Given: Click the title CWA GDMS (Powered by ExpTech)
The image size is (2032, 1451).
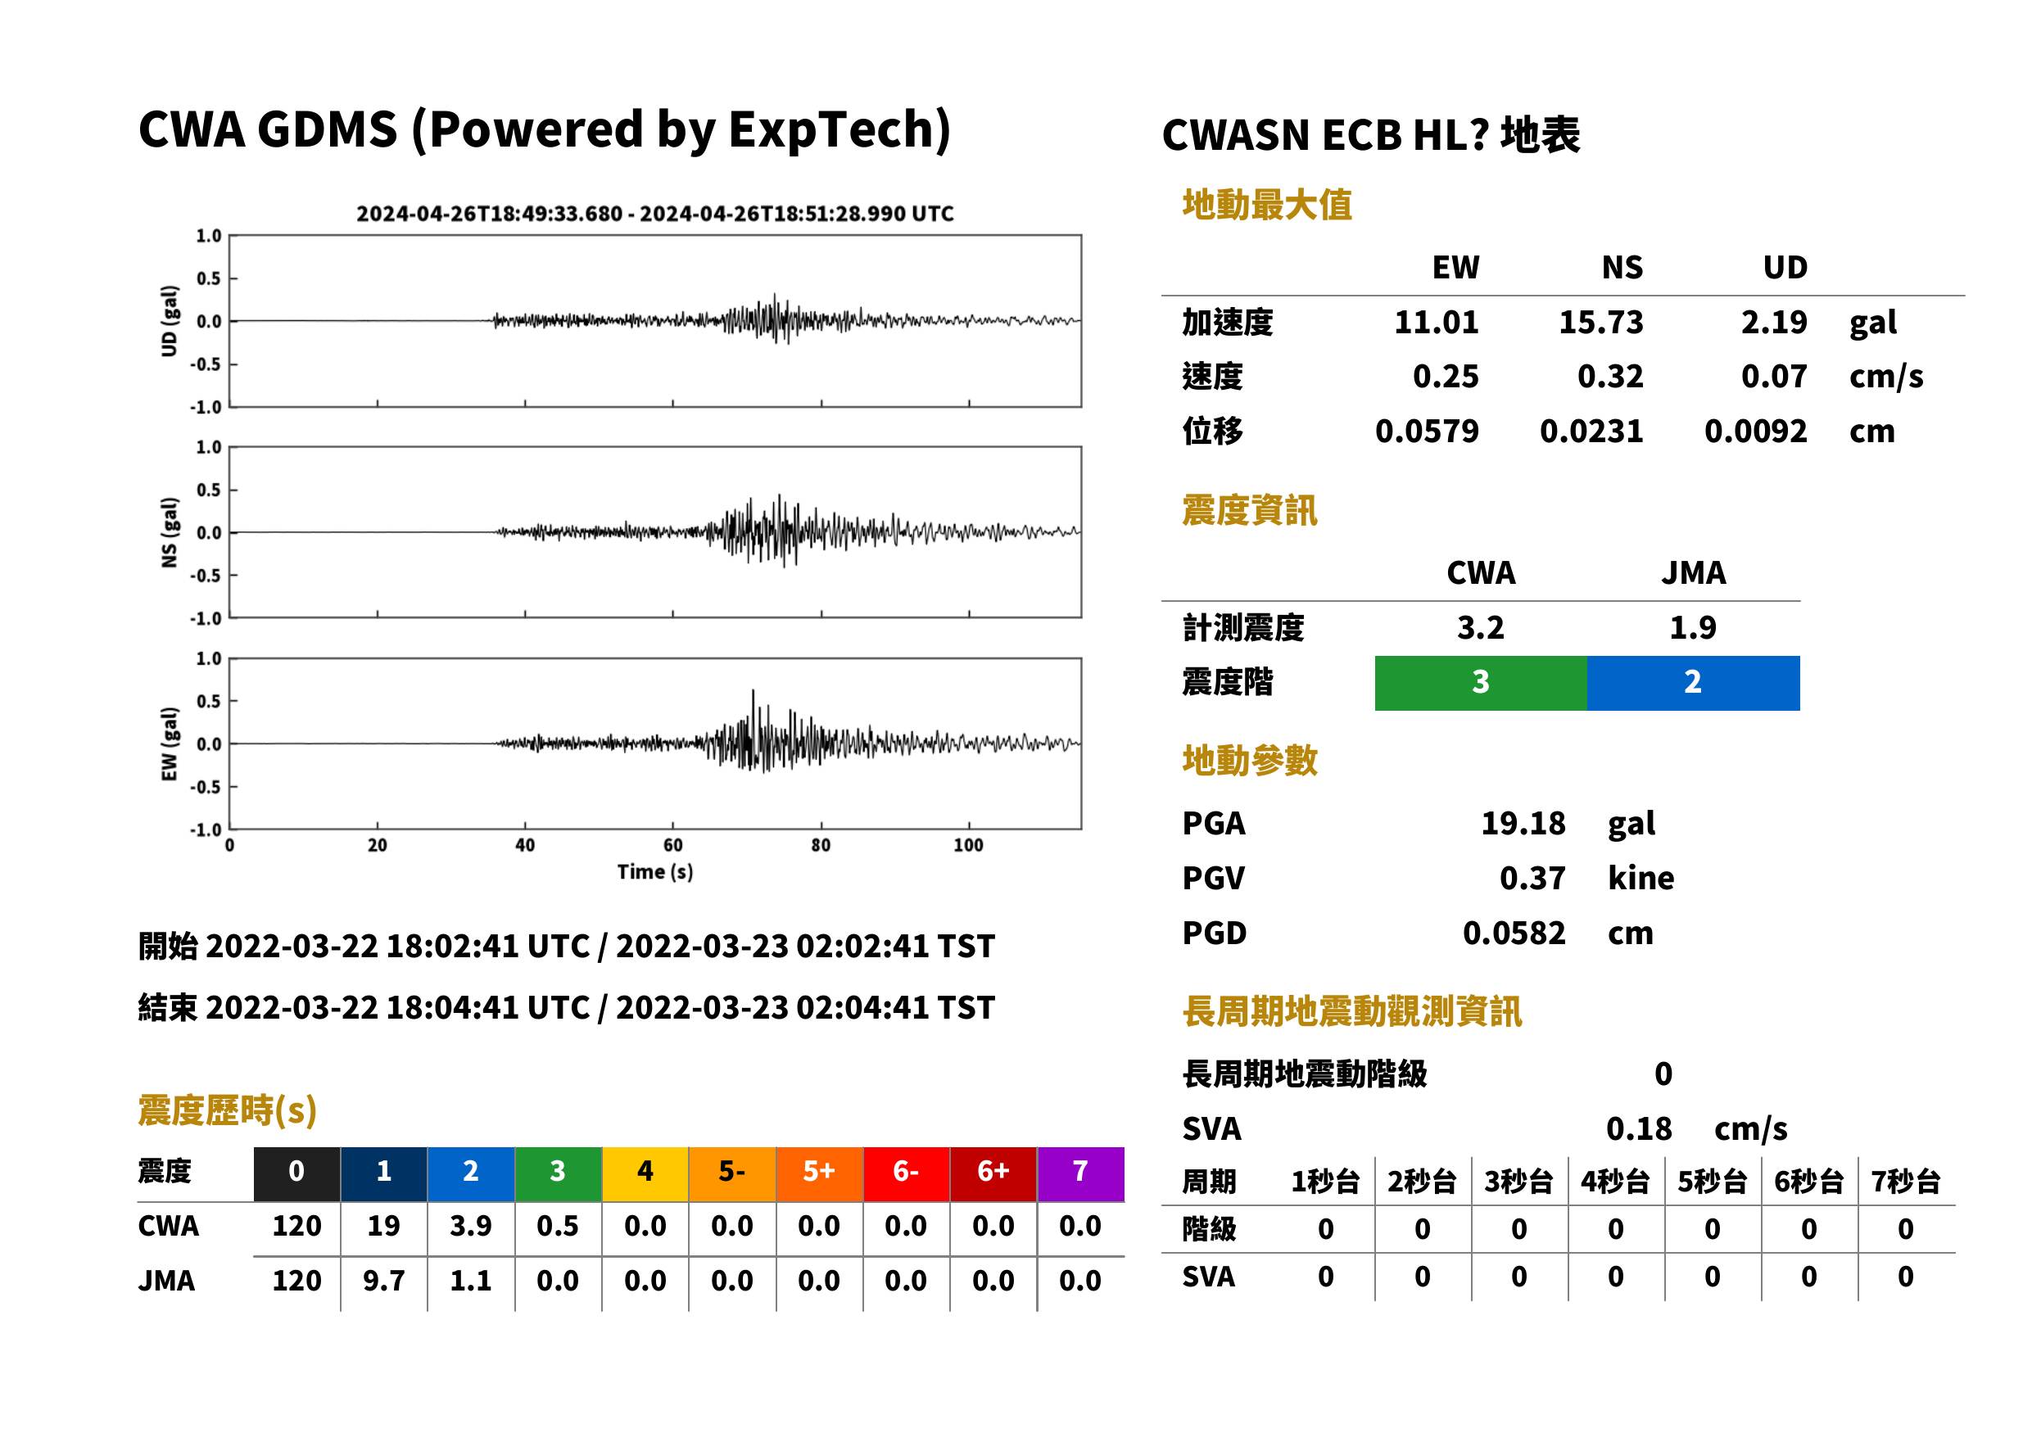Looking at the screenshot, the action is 544,129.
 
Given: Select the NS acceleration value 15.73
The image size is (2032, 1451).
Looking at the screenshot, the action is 1600,323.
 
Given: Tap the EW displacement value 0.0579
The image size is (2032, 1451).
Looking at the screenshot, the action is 1426,432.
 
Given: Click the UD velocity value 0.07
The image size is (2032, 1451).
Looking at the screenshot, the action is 1774,377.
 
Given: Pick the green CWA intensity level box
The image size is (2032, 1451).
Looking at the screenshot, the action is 1481,683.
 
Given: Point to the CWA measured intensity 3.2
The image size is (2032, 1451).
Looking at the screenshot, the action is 1481,627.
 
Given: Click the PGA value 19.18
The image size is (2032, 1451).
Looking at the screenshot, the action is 1523,823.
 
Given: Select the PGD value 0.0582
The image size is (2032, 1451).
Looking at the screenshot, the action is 1514,933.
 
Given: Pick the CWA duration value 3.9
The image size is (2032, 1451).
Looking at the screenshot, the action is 471,1226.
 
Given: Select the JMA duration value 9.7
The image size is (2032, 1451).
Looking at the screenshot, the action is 383,1281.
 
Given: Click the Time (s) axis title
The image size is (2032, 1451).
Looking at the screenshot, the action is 655,872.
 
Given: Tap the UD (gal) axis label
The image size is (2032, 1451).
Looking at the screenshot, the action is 169,321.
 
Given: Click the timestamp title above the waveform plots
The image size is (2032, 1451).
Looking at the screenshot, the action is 655,214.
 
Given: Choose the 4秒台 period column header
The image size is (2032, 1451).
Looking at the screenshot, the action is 1614,1182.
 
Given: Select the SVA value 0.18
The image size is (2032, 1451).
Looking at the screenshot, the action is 1639,1129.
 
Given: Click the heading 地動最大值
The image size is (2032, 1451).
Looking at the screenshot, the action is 1267,205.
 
